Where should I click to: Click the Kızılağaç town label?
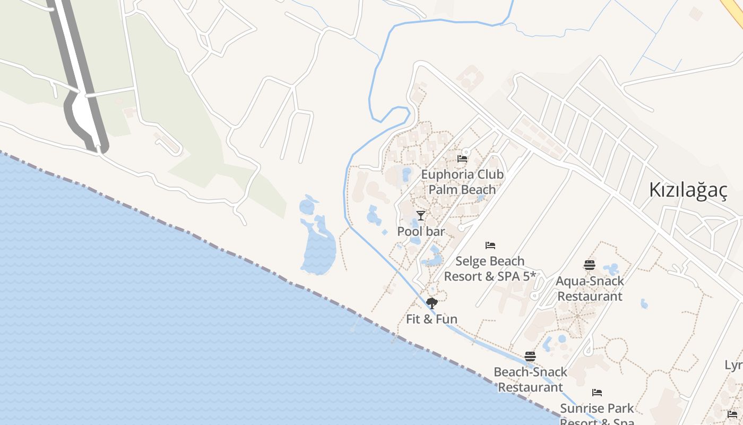(688, 190)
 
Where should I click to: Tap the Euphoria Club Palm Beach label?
(462, 182)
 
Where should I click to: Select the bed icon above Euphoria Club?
(462, 158)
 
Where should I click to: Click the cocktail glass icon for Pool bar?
(421, 215)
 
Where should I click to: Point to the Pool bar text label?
(421, 232)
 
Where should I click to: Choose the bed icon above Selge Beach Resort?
(490, 245)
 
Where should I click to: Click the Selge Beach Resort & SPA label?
(490, 269)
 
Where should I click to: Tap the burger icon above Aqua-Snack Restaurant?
(590, 265)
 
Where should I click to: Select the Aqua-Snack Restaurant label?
(590, 288)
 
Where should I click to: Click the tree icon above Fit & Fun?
(432, 303)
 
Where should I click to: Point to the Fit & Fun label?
(431, 319)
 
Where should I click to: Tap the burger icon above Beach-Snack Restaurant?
(530, 356)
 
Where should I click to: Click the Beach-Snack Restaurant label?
(530, 379)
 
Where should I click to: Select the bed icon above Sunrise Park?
(597, 393)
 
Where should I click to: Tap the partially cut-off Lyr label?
(734, 365)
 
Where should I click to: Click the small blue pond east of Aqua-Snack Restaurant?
(644, 304)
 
